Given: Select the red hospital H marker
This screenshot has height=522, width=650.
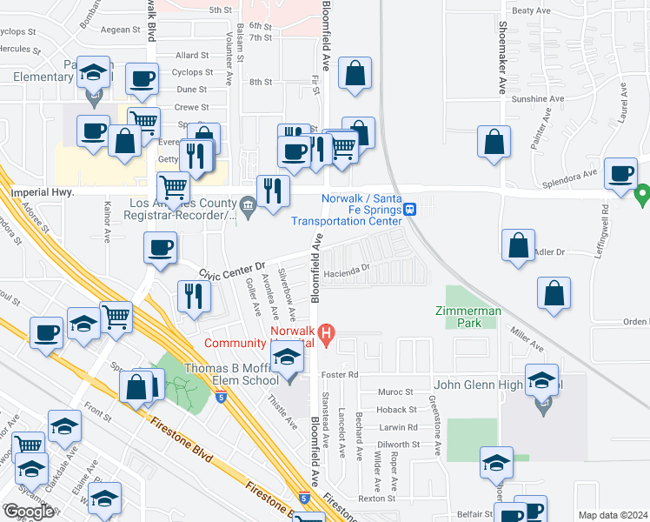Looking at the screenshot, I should point(327,331).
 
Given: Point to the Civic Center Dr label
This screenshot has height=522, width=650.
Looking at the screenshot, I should point(232,271).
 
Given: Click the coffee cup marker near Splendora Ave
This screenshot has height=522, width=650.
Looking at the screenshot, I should point(620,173).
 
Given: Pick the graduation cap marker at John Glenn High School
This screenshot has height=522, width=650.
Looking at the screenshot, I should point(541,380).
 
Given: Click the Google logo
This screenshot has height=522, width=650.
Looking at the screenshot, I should point(29,512).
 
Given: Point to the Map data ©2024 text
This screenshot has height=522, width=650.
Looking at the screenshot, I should point(613,515).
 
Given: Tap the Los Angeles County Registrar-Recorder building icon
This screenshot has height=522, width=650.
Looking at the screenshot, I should point(249,207).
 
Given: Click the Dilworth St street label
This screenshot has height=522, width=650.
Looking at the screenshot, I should point(399,444).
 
